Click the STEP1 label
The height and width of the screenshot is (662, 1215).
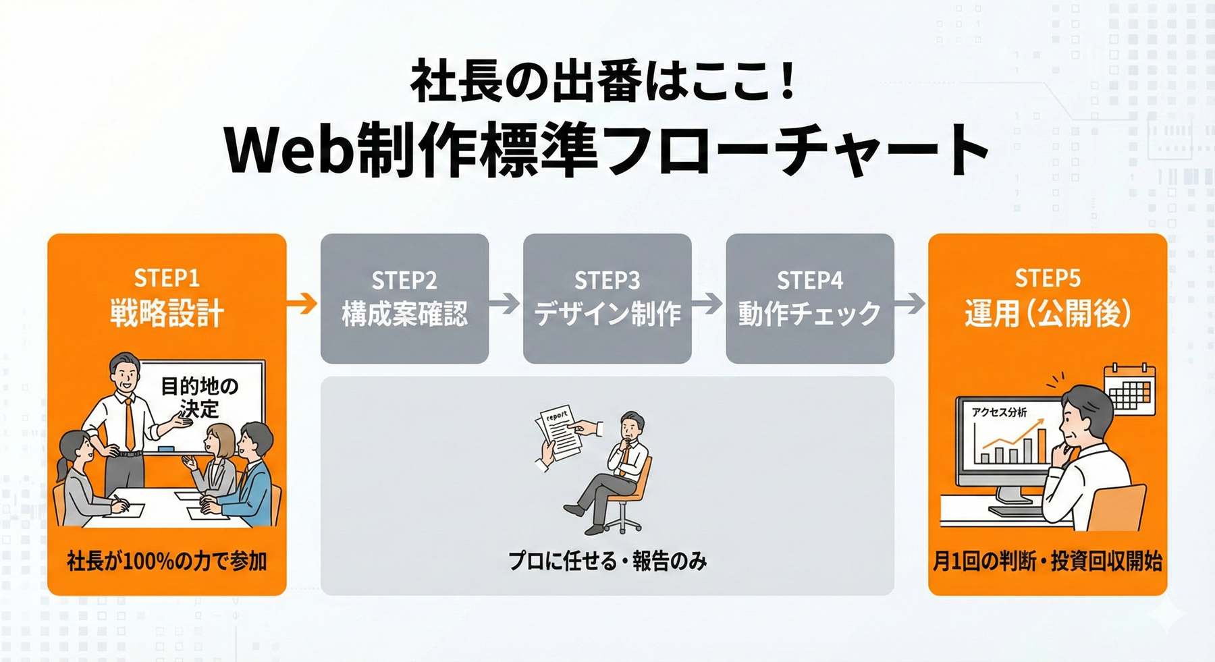167,278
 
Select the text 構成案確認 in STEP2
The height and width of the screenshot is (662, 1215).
404,314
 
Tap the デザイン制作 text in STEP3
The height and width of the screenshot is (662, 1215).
607,314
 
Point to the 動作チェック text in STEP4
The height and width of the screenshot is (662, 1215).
810,314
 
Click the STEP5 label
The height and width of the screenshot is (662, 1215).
1048,278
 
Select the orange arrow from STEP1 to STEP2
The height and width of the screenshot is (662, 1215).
302,304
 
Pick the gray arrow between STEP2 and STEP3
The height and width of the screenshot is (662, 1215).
505,304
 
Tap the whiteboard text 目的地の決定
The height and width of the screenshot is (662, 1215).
199,397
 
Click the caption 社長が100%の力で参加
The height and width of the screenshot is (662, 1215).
167,561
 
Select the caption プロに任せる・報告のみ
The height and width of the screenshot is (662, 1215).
607,561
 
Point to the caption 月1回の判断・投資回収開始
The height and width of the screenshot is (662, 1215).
1048,561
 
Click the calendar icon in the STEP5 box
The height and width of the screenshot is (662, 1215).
1129,389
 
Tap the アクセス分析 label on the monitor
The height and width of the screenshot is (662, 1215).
999,412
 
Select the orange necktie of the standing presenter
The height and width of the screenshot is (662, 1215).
129,424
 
